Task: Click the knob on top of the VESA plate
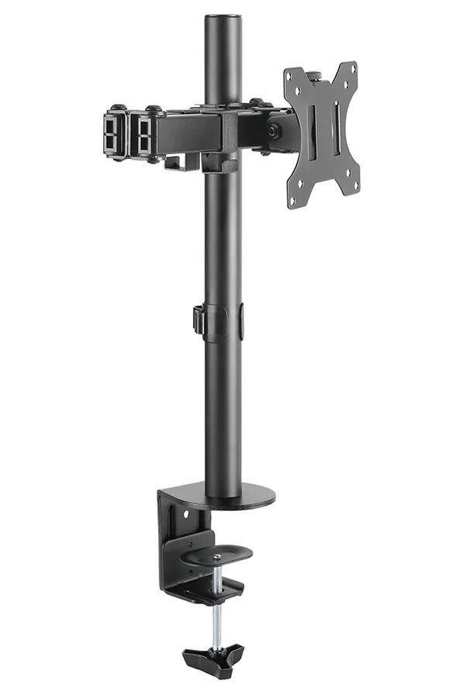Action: (316, 76)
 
